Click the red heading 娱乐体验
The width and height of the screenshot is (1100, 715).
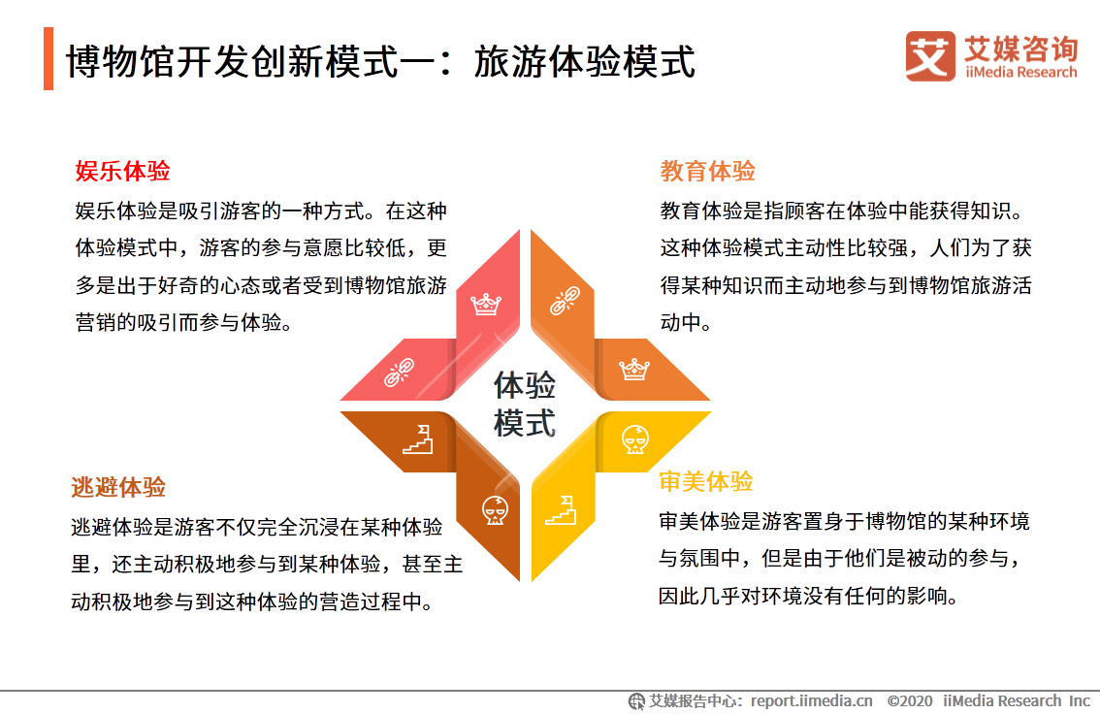click(x=123, y=171)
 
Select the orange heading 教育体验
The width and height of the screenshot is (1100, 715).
click(x=707, y=171)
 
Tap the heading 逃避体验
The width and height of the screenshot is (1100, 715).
click(x=118, y=487)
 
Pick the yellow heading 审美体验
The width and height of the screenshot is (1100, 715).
click(x=706, y=481)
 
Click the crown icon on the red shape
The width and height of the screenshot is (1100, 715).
click(x=485, y=305)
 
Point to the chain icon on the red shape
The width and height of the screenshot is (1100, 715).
click(x=400, y=373)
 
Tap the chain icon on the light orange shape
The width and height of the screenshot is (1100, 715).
click(x=565, y=301)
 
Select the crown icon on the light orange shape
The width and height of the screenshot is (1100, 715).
click(x=634, y=369)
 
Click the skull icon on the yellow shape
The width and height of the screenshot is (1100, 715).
click(x=635, y=439)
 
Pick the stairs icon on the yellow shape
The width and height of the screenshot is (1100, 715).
click(x=561, y=510)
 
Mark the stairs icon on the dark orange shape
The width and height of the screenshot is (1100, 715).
click(x=417, y=439)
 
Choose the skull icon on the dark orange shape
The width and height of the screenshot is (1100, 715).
click(x=496, y=510)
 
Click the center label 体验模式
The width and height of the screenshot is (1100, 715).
click(x=524, y=405)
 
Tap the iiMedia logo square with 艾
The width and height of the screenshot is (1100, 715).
click(x=930, y=56)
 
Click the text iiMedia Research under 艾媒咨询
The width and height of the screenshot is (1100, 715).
click(x=1020, y=72)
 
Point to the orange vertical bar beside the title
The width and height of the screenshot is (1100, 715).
click(x=49, y=58)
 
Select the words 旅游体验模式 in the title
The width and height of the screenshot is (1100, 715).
click(x=584, y=62)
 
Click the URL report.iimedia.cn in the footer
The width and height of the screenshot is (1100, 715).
click(x=812, y=701)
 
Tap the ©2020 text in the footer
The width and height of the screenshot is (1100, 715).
click(x=910, y=701)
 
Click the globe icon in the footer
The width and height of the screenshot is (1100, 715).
click(x=636, y=701)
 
